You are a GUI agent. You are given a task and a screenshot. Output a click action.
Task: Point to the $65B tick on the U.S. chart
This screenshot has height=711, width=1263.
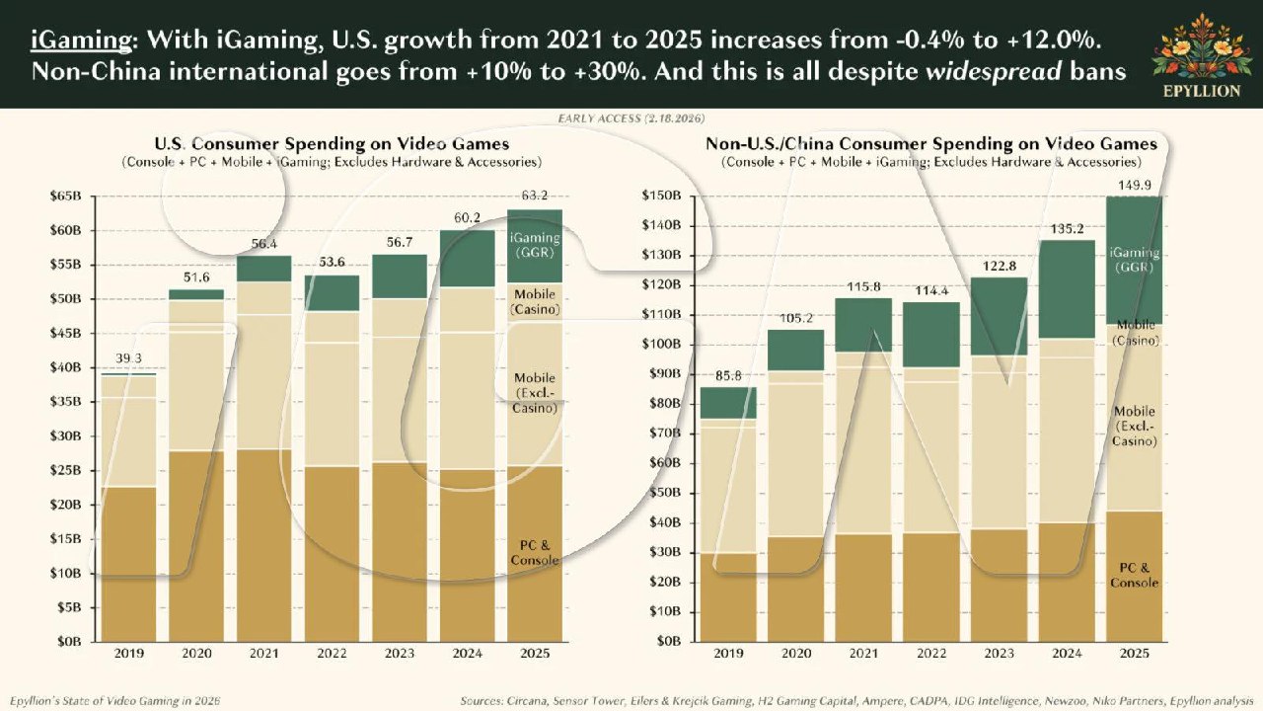click(x=64, y=197)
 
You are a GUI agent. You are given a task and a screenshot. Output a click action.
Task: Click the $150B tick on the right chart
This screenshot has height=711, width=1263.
click(x=662, y=196)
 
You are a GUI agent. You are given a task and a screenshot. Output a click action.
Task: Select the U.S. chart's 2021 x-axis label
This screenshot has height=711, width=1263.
click(x=264, y=655)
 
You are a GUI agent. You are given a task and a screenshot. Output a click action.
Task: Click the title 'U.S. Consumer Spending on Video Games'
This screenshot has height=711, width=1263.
click(x=332, y=144)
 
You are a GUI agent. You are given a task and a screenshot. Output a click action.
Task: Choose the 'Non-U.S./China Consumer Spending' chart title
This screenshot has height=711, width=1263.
click(x=930, y=144)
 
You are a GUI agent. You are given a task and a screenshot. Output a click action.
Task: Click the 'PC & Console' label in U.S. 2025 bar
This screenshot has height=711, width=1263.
click(x=534, y=553)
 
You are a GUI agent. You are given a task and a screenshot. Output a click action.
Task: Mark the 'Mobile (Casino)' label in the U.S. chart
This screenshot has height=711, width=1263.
click(x=534, y=303)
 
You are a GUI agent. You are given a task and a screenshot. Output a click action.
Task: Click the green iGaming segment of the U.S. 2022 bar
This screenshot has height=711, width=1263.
click(x=332, y=293)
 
